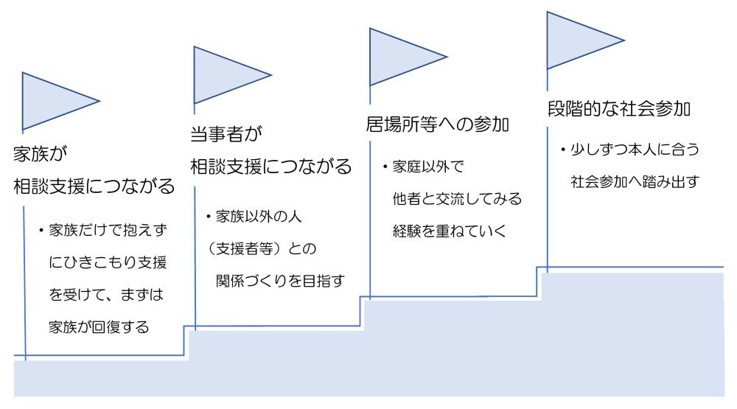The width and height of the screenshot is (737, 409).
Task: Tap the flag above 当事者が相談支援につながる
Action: click(225, 74)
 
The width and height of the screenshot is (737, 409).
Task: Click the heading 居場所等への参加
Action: click(439, 124)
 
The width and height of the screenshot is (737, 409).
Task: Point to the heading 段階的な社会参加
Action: click(618, 109)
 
